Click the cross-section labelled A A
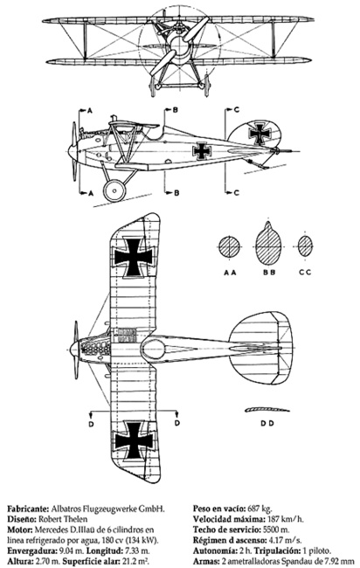pyautogui.click(x=229, y=246)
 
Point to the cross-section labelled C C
pyautogui.click(x=305, y=246)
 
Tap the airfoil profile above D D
pyautogui.click(x=267, y=410)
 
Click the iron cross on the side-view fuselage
pyautogui.click(x=202, y=150)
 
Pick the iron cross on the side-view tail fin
pyautogui.click(x=260, y=134)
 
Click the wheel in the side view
pyautogui.click(x=114, y=190)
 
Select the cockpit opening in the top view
pyautogui.click(x=153, y=350)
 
